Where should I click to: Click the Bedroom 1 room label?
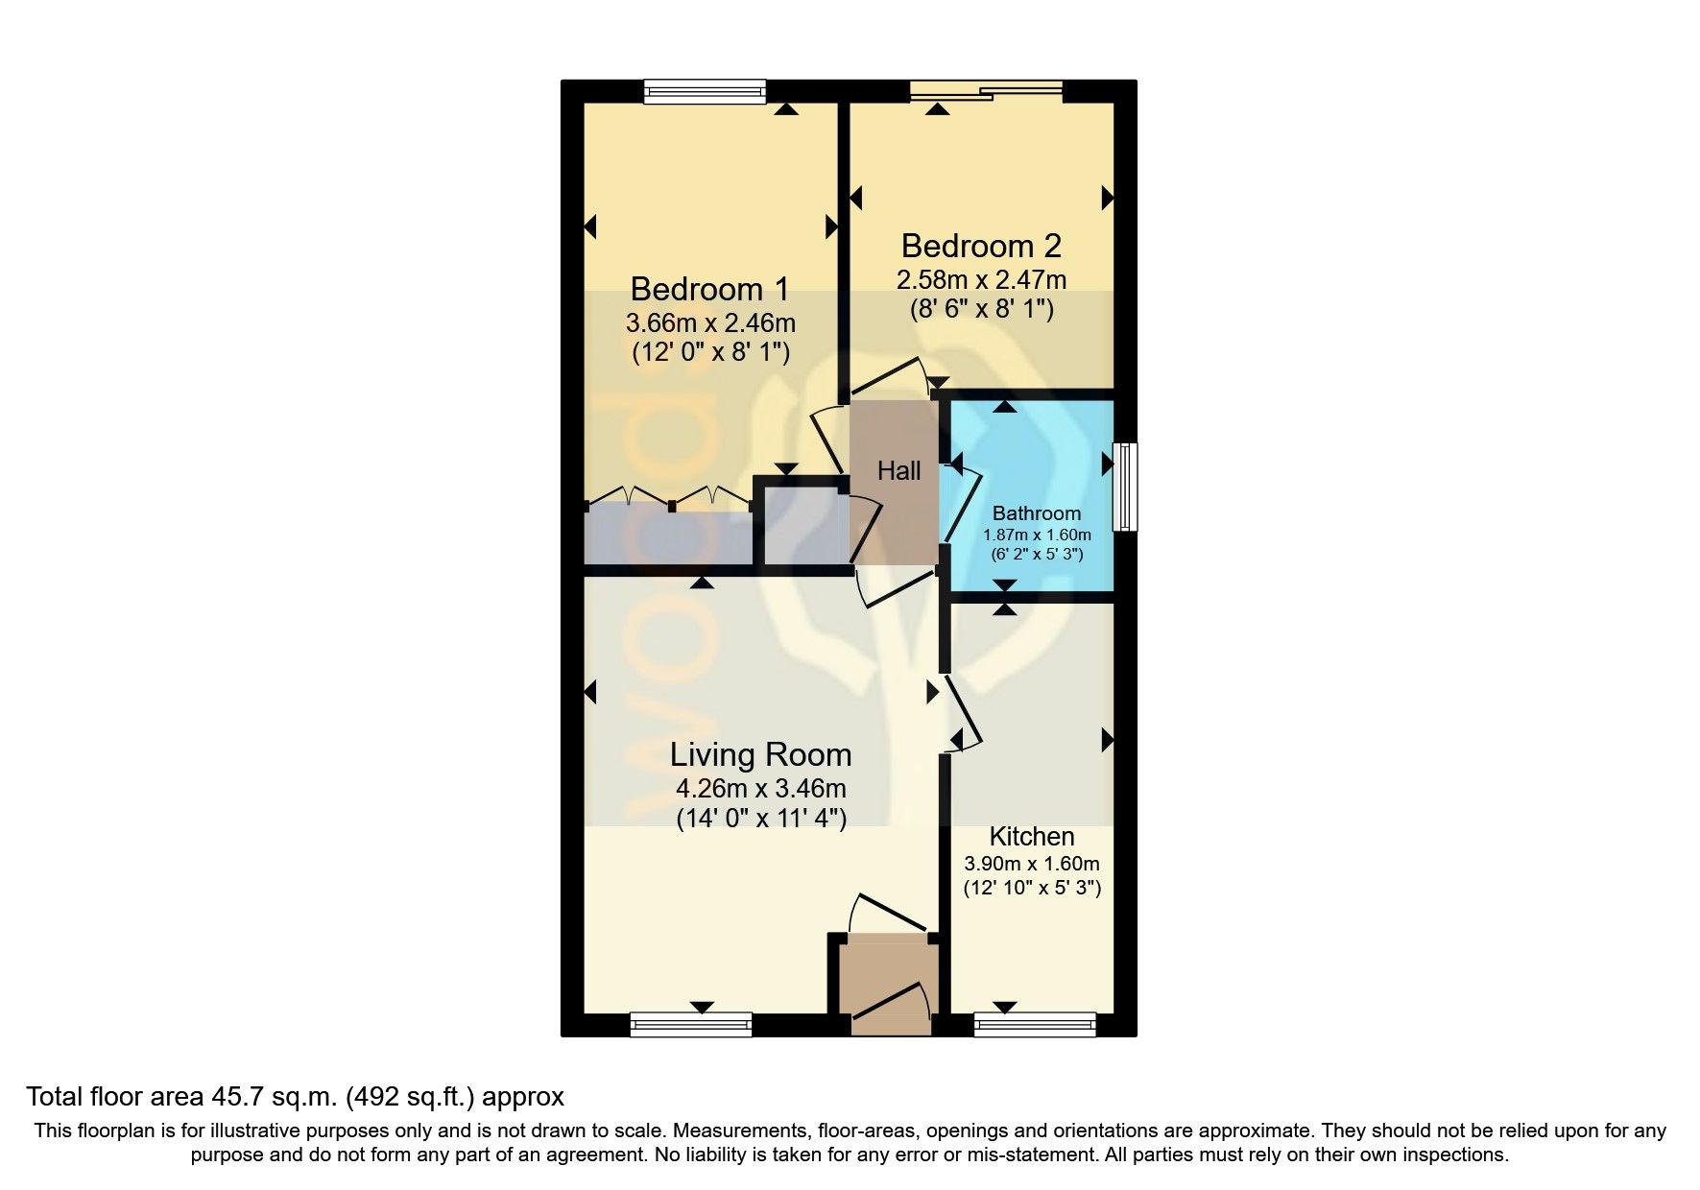click(x=710, y=289)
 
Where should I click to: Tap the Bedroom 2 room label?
click(x=980, y=246)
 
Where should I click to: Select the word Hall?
click(x=898, y=470)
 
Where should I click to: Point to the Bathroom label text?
click(x=1036, y=513)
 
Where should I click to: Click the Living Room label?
click(x=760, y=754)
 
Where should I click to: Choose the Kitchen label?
click(x=1031, y=836)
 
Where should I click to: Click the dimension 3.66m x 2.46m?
click(x=710, y=322)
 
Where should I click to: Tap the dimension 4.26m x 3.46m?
click(x=760, y=789)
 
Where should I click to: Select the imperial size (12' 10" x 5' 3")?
click(x=1032, y=888)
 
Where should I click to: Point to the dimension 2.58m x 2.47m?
click(x=980, y=280)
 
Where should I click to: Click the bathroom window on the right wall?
click(x=1125, y=486)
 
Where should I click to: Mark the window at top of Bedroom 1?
click(x=705, y=91)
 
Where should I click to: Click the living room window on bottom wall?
click(x=691, y=1025)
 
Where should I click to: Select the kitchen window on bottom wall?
click(x=1035, y=1025)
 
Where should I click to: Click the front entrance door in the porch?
click(x=888, y=1003)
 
